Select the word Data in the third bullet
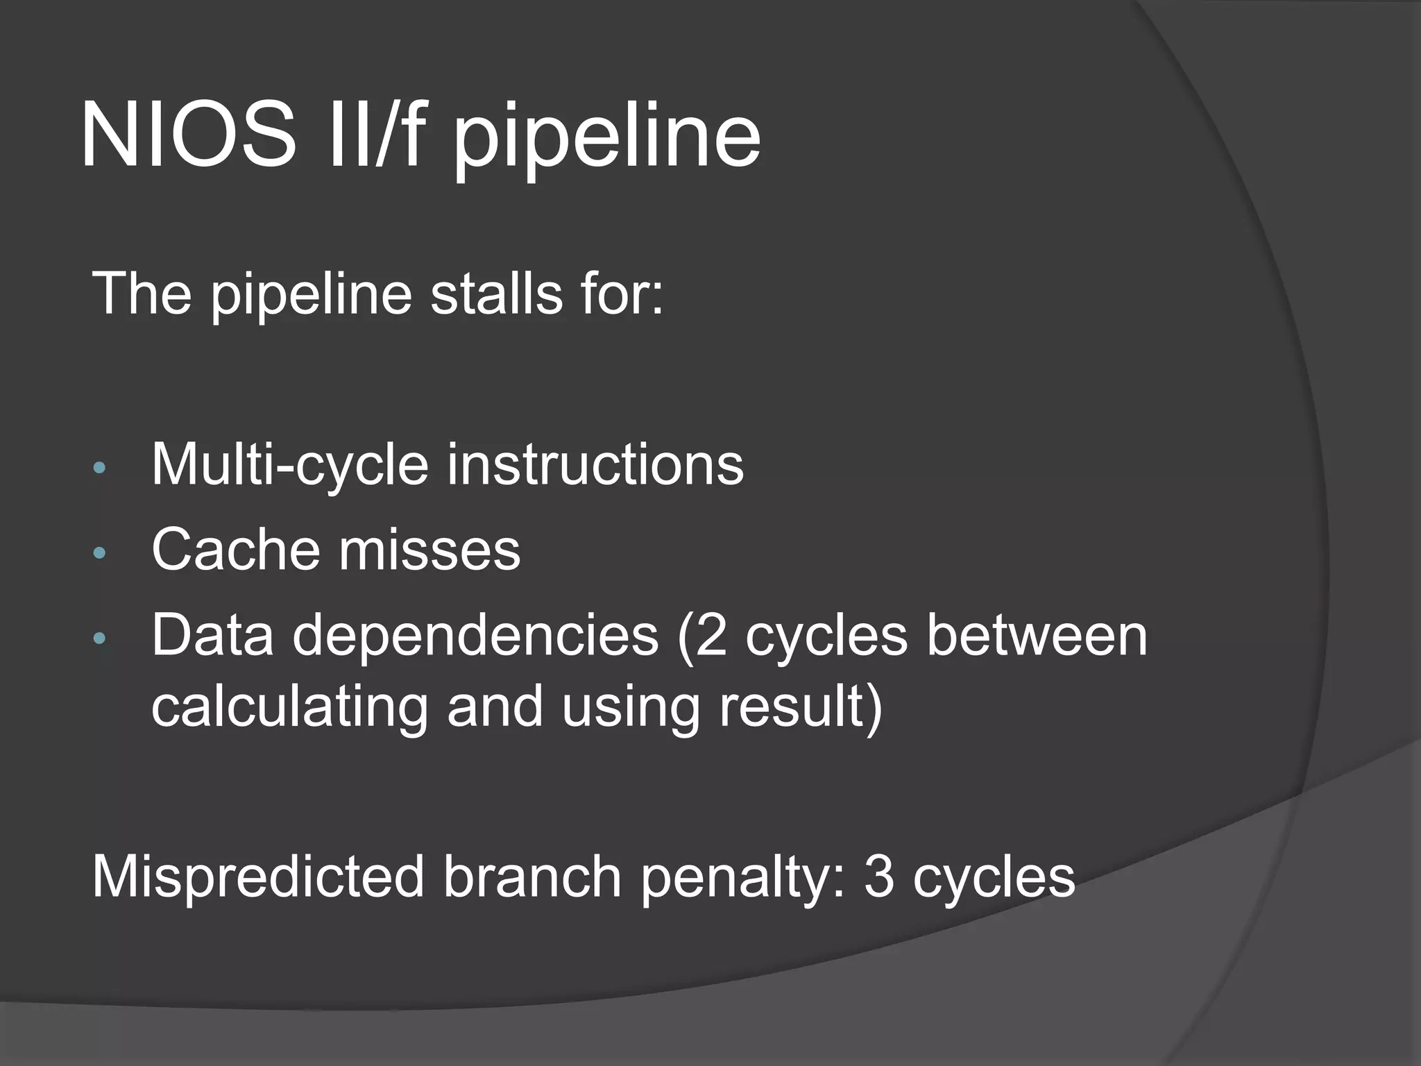pos(212,634)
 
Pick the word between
pos(1037,634)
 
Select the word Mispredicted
pos(258,877)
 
